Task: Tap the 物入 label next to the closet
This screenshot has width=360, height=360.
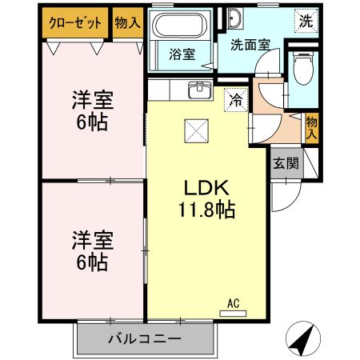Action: point(127,22)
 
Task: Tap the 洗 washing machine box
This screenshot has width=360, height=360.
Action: point(306,19)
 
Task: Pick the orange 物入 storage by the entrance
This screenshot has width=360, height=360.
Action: point(312,128)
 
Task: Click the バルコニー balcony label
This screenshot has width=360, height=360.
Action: point(145,338)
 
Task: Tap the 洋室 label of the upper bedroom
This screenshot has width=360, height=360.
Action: point(93,102)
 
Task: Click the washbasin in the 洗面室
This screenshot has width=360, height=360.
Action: point(235,18)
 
